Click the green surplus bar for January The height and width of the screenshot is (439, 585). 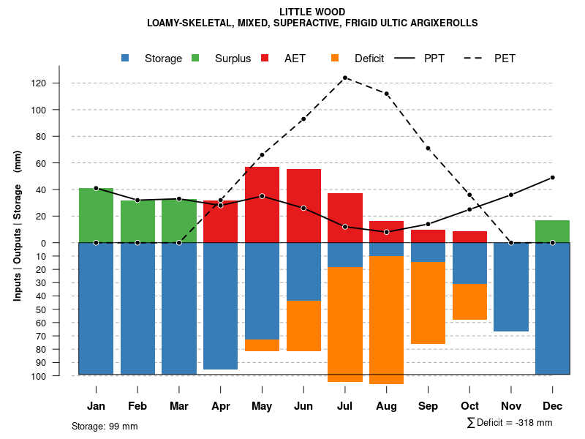tap(96, 215)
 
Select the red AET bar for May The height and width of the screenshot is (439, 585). tap(262, 205)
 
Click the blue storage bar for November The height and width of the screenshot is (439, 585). tap(511, 287)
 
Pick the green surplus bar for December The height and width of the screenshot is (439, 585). tap(552, 231)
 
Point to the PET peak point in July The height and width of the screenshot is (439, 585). tap(345, 78)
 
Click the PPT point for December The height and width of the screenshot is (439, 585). tap(552, 177)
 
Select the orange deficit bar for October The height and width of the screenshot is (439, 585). tap(469, 301)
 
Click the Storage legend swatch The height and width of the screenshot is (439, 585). tap(126, 58)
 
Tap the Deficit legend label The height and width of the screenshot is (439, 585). tap(369, 59)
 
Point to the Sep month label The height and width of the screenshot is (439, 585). tap(428, 406)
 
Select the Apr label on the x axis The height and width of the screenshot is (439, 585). tap(220, 406)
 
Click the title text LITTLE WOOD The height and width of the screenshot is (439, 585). tap(312, 12)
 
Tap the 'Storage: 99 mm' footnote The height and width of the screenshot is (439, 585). tap(105, 426)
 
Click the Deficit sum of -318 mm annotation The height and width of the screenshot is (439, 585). tap(509, 423)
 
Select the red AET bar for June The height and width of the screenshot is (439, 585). tap(303, 206)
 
